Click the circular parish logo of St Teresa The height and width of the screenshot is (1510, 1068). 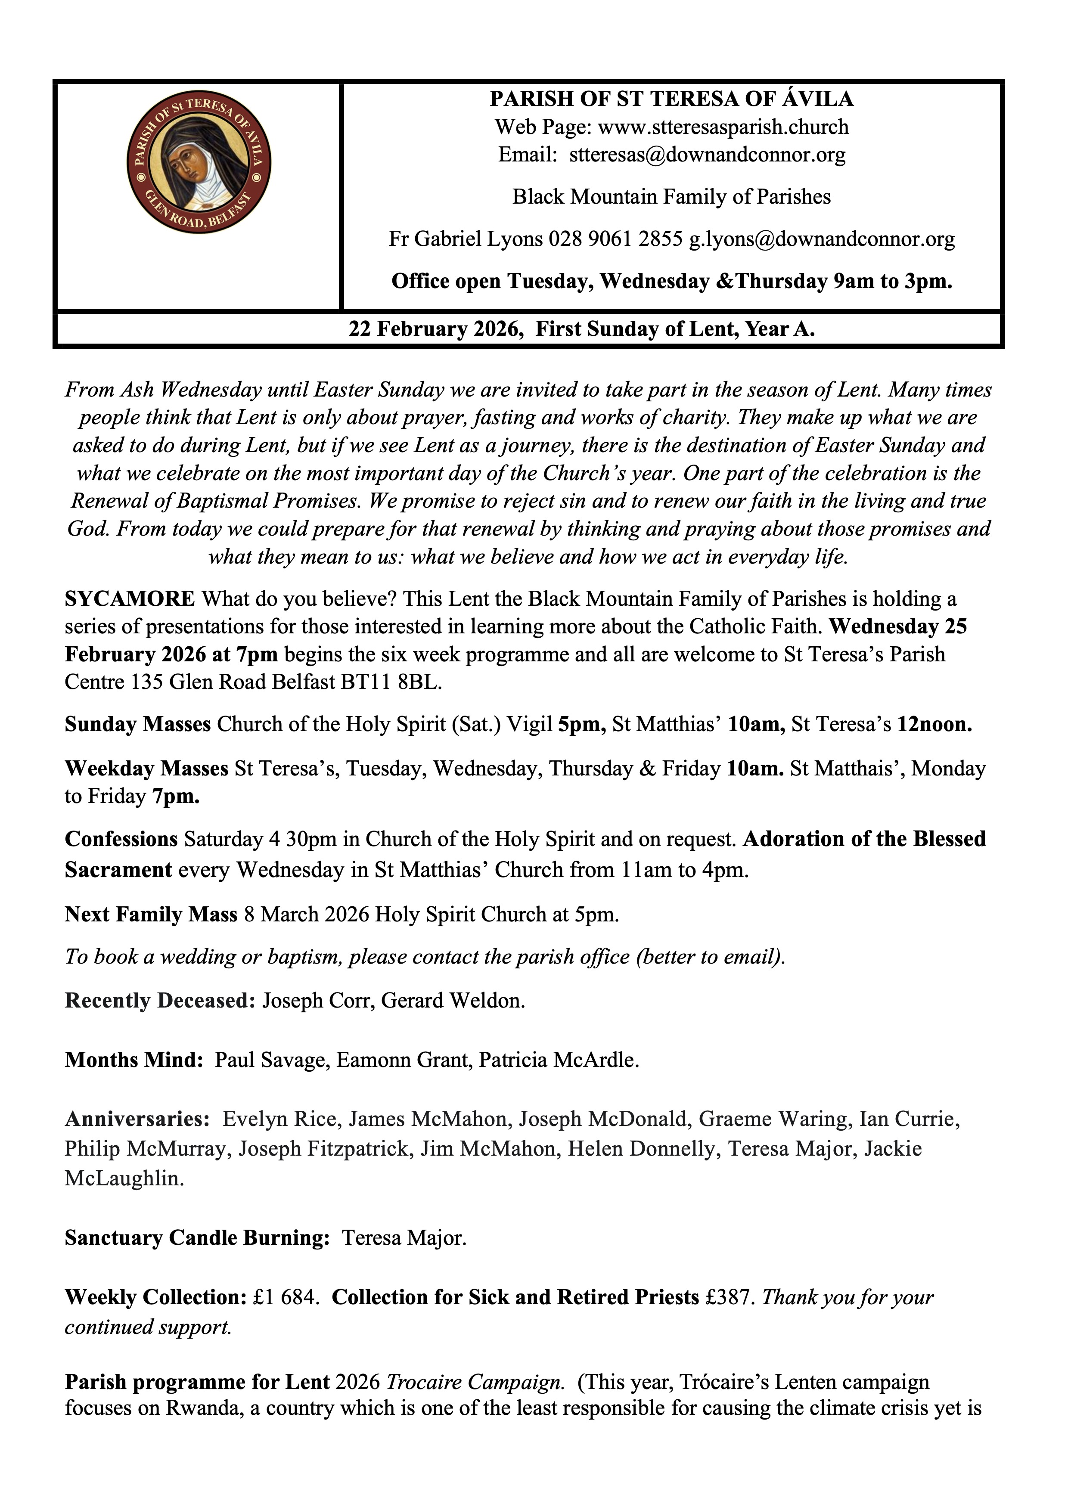199,162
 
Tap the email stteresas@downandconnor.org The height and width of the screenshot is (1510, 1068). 707,155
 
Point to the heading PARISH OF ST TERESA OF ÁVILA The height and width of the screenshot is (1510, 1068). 671,99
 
